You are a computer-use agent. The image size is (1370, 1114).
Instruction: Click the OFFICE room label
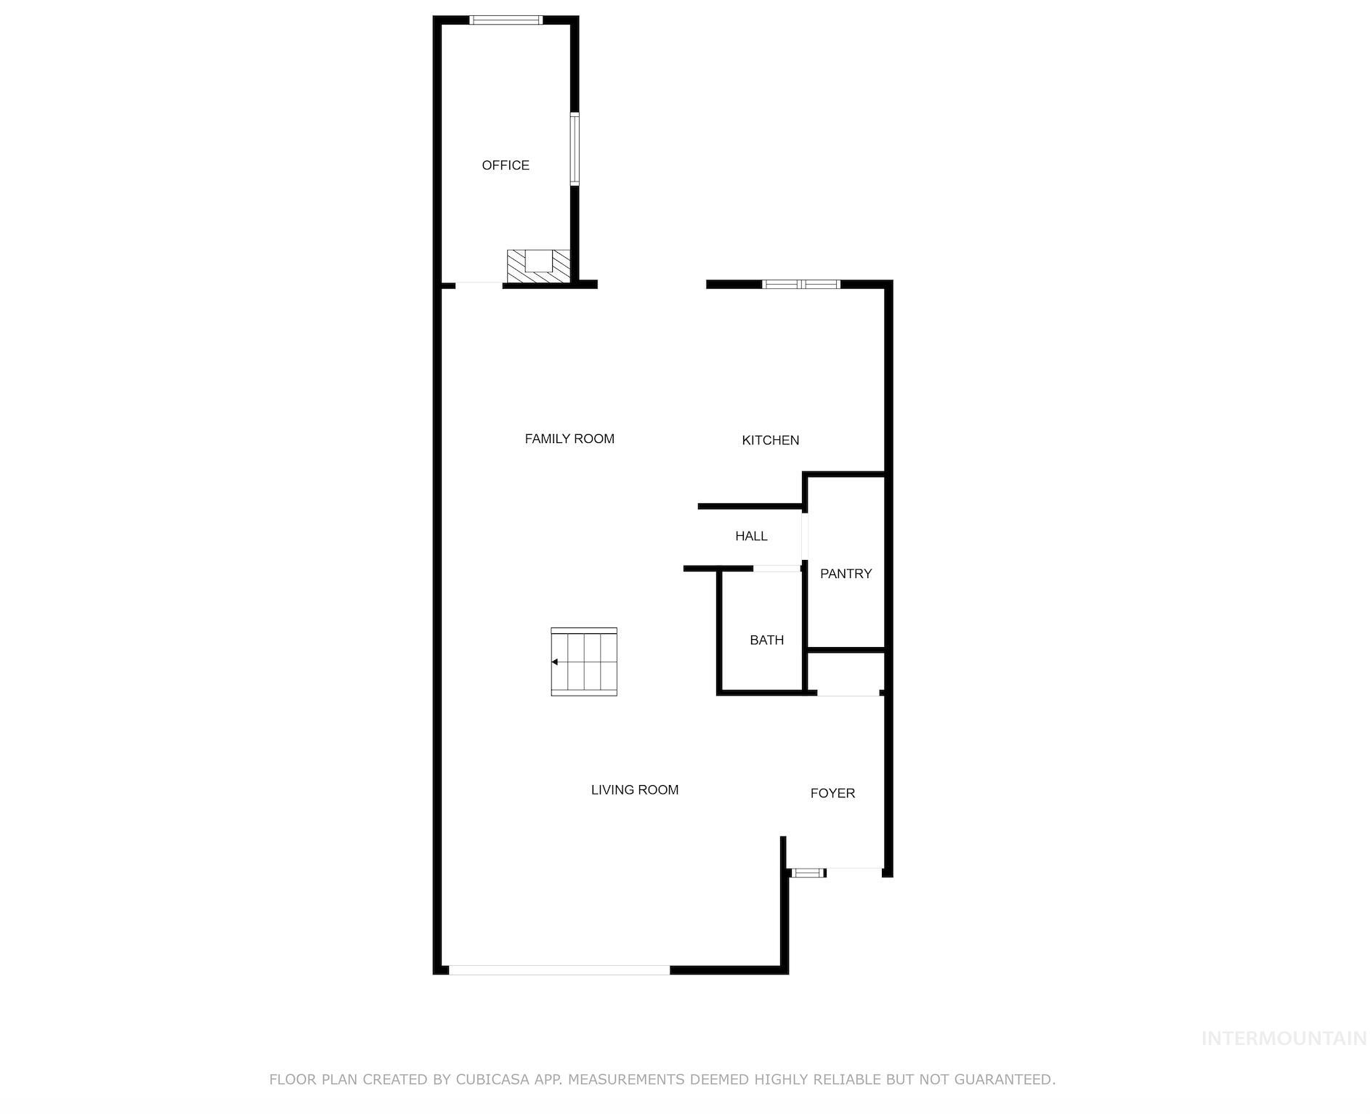506,166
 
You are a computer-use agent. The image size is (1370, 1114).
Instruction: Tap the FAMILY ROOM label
570,439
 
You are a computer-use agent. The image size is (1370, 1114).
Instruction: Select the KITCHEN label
770,440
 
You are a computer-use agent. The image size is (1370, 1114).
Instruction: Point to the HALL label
751,536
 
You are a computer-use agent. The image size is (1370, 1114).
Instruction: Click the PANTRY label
846,574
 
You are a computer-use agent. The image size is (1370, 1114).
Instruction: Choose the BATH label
766,640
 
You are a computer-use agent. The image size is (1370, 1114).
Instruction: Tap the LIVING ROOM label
634,789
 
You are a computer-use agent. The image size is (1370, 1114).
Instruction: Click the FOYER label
832,793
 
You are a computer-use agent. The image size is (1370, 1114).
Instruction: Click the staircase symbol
584,662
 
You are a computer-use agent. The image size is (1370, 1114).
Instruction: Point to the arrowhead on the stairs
555,662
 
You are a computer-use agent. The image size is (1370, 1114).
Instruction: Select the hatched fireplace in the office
538,266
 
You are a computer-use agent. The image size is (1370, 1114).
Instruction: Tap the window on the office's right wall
574,149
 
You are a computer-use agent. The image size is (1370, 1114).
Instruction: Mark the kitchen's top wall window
800,284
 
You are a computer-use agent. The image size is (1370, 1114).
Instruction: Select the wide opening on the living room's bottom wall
559,969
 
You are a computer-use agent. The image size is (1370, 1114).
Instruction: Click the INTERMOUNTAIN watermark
1284,1038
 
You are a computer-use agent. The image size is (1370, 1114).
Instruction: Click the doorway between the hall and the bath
777,568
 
